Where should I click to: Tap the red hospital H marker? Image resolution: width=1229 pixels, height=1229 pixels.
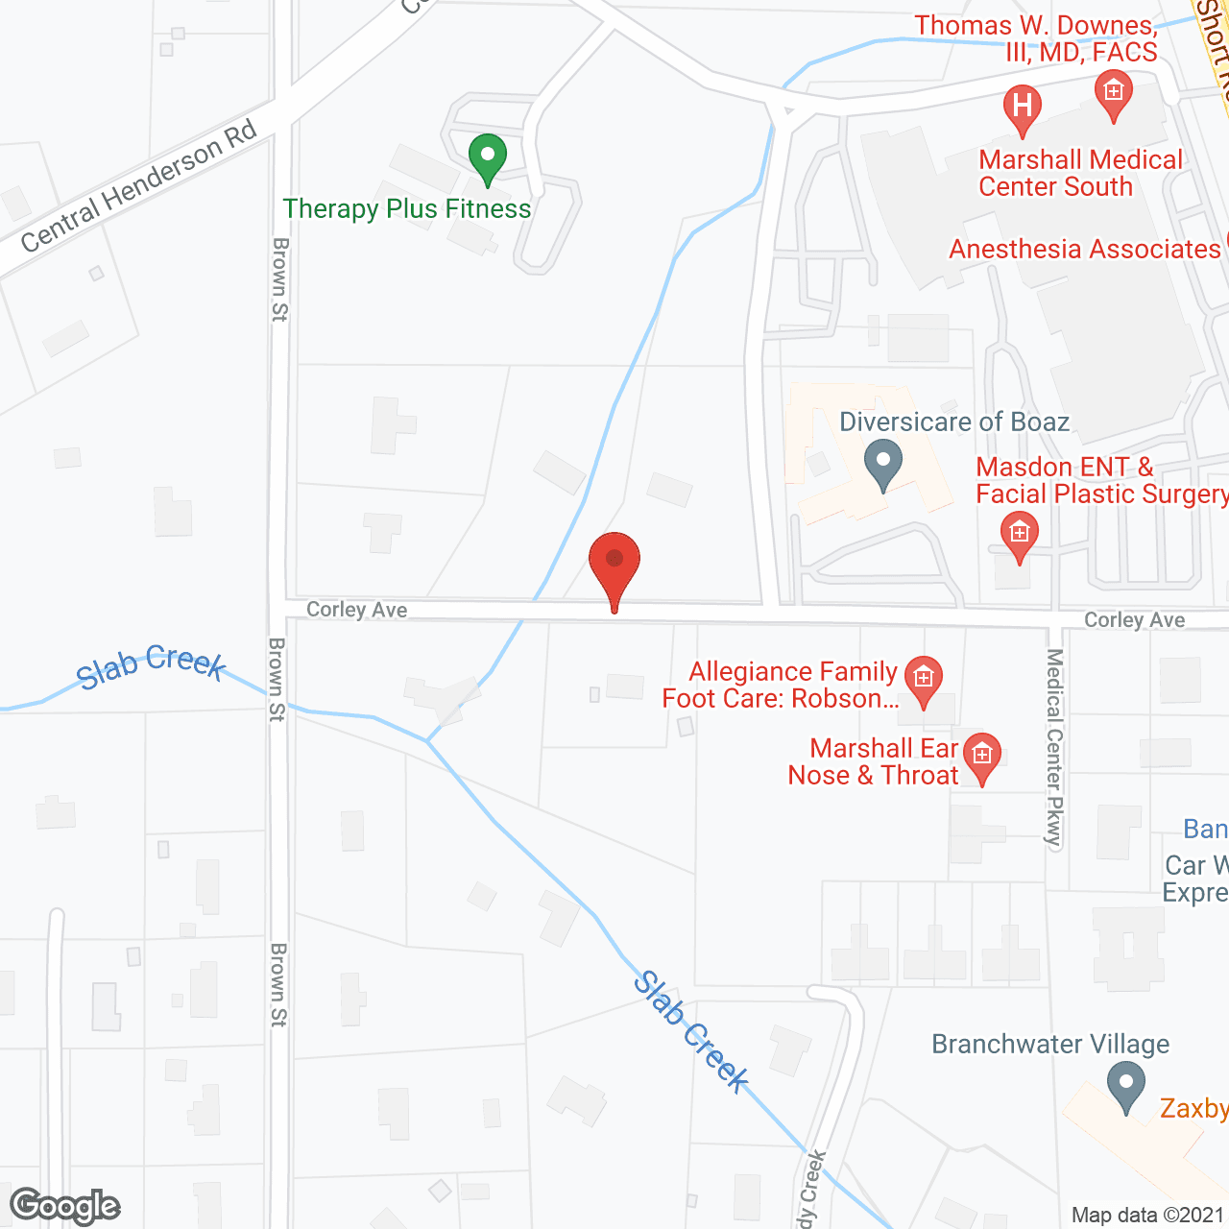pyautogui.click(x=1022, y=106)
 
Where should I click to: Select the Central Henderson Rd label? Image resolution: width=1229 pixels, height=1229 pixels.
pyautogui.click(x=139, y=186)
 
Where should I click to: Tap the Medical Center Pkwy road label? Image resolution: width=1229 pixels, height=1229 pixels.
pyautogui.click(x=1055, y=749)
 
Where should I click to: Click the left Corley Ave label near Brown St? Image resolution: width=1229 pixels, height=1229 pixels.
pyautogui.click(x=356, y=610)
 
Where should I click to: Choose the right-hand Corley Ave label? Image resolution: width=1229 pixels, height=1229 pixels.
pyautogui.click(x=1134, y=620)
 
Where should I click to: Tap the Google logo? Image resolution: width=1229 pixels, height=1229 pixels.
pyautogui.click(x=64, y=1206)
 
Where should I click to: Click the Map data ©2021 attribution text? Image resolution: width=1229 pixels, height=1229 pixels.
pyautogui.click(x=1146, y=1215)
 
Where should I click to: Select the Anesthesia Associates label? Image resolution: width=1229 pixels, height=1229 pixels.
pyautogui.click(x=1084, y=250)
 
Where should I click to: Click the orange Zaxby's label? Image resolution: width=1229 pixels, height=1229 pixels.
pyautogui.click(x=1193, y=1109)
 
